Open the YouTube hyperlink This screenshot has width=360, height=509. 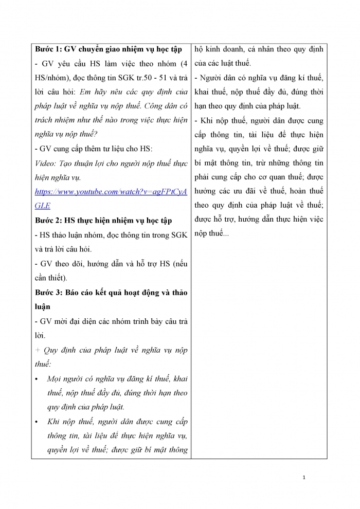[x=111, y=192]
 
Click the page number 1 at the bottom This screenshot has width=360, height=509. [x=304, y=478]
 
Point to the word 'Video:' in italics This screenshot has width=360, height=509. [x=46, y=163]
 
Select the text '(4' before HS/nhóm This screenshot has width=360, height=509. [x=182, y=64]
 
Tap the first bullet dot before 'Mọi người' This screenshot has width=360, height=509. [x=37, y=379]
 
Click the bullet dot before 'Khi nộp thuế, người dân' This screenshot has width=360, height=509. [x=37, y=422]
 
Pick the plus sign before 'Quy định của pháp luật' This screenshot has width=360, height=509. [x=38, y=350]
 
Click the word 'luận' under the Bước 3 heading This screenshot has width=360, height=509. [x=44, y=307]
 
